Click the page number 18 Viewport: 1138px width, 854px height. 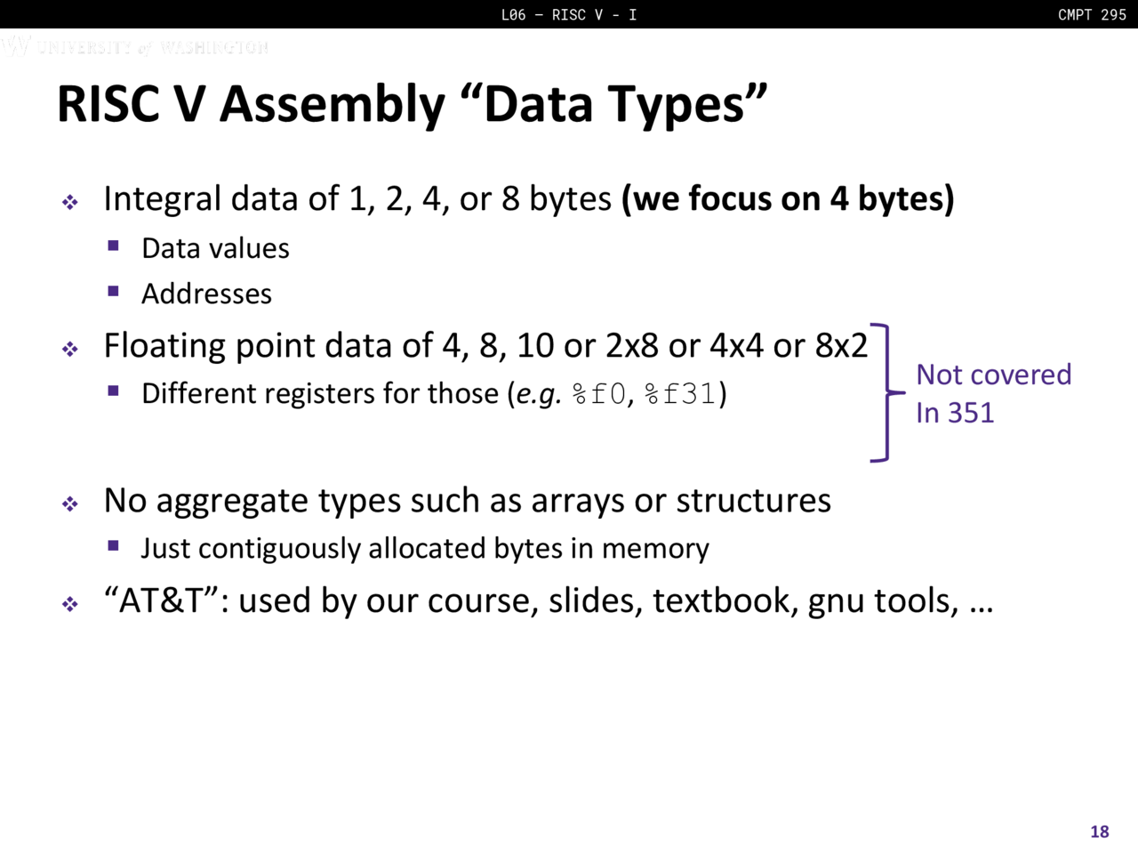pyautogui.click(x=1100, y=831)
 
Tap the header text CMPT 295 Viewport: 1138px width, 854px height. pyautogui.click(x=1092, y=14)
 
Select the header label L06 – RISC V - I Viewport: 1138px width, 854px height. pyautogui.click(x=569, y=14)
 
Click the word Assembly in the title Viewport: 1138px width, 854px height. pyautogui.click(x=333, y=105)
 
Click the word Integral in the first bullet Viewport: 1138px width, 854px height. pyautogui.click(x=163, y=199)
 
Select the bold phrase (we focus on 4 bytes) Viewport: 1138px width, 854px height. pyautogui.click(x=788, y=198)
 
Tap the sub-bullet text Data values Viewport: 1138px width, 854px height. pyautogui.click(x=215, y=248)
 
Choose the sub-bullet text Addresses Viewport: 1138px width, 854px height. pyautogui.click(x=206, y=294)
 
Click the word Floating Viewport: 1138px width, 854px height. pyautogui.click(x=164, y=346)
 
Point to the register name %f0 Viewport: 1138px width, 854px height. pyautogui.click(x=598, y=393)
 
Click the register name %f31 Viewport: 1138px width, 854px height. pyautogui.click(x=680, y=393)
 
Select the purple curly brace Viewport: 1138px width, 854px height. pyautogui.click(x=887, y=392)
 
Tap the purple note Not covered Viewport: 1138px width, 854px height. pyautogui.click(x=993, y=375)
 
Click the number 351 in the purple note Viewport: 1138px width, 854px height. pyautogui.click(x=971, y=413)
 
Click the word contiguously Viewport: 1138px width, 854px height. pyautogui.click(x=279, y=549)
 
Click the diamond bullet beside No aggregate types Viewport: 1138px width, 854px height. pyautogui.click(x=70, y=503)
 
